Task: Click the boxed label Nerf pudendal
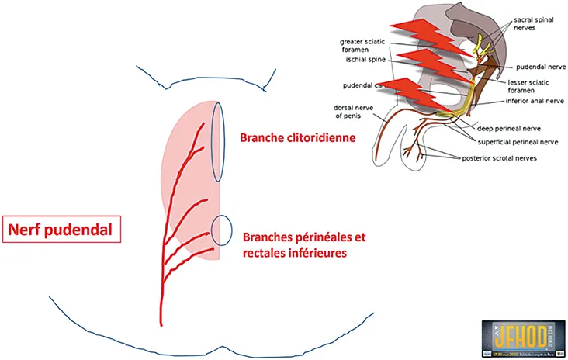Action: [62, 230]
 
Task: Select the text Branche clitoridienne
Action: [297, 137]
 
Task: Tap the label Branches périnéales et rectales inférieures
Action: [303, 244]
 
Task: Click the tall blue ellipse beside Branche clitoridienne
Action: [218, 143]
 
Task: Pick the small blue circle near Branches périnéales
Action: [222, 229]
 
